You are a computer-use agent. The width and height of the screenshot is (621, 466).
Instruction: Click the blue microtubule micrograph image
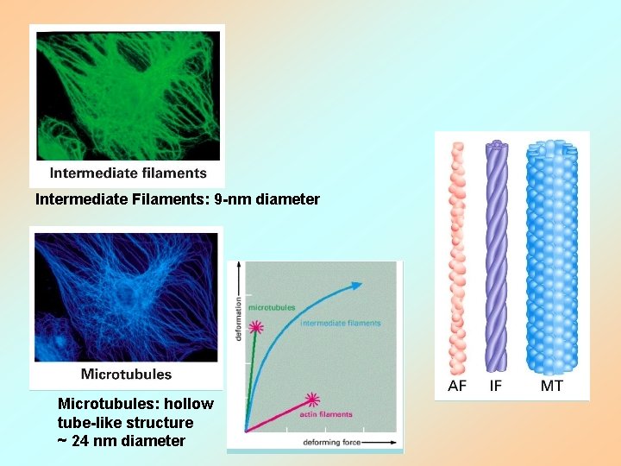126,297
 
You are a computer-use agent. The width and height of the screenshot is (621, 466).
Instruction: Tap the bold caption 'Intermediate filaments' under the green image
129,173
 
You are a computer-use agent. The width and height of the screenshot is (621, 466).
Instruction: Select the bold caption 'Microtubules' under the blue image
126,375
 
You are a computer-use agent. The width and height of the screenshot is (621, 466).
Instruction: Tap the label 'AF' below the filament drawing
457,386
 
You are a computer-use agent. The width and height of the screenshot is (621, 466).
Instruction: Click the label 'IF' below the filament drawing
496,386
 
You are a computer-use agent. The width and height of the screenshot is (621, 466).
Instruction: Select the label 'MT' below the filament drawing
552,386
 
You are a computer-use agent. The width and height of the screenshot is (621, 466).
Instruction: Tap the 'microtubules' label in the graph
272,306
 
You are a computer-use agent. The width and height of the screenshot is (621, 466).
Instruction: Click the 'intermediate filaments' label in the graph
341,324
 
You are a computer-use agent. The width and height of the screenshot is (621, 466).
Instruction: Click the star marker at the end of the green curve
256,327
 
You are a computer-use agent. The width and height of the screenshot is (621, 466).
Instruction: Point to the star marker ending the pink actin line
312,400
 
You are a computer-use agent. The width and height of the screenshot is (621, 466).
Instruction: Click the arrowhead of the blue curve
356,284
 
